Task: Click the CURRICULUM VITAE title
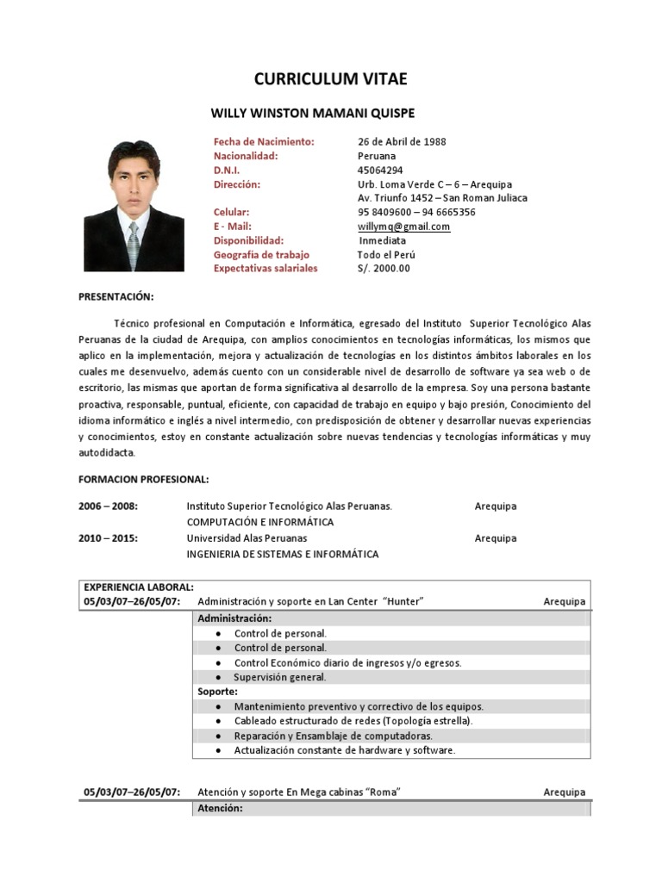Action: (330, 79)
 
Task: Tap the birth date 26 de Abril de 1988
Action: (402, 141)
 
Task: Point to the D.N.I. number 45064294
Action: (379, 171)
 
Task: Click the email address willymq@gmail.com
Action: (404, 227)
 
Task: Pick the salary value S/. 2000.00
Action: (384, 268)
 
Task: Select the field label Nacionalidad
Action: (246, 156)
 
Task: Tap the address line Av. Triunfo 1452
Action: (442, 198)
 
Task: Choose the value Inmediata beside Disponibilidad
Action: (382, 240)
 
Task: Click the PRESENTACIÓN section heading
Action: (116, 296)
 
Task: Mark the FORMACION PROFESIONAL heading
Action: (144, 478)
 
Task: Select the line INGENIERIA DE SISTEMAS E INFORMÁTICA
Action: (283, 554)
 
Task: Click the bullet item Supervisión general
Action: (280, 678)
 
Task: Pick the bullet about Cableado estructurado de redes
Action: (353, 721)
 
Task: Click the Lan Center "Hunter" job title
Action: (311, 601)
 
